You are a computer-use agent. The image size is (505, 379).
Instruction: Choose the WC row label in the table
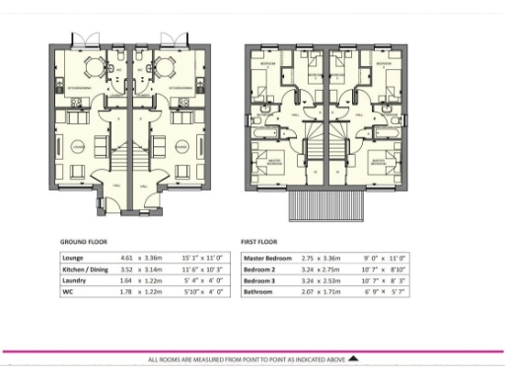[x=66, y=291]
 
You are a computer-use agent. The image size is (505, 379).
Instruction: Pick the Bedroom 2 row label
[x=259, y=269]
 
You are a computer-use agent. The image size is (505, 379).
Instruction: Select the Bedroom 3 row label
[x=259, y=280]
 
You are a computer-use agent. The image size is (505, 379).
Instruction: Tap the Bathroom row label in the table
[x=259, y=291]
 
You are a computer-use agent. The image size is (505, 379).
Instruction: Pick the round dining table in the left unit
[x=95, y=68]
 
